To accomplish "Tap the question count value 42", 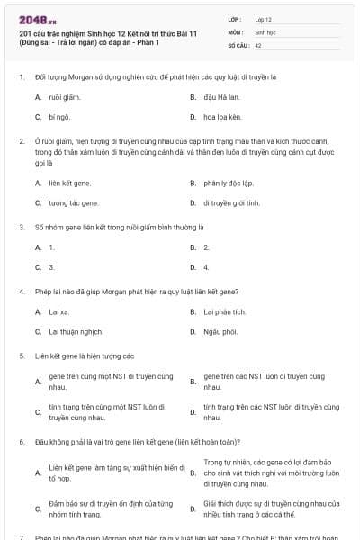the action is coord(258,44).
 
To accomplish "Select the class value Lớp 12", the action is coord(264,18).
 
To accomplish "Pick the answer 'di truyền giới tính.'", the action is coord(231,203).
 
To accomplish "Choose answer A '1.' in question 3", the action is coord(51,247).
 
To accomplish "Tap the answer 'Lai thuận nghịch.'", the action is coord(71,331).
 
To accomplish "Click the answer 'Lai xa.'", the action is coord(59,311).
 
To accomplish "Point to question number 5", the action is coord(21,355).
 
